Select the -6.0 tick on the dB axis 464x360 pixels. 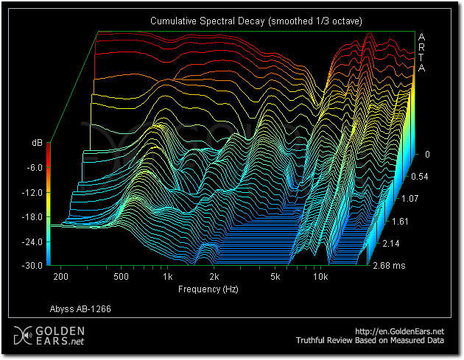34,168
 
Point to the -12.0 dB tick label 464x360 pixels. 32,192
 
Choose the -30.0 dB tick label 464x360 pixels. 32,265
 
